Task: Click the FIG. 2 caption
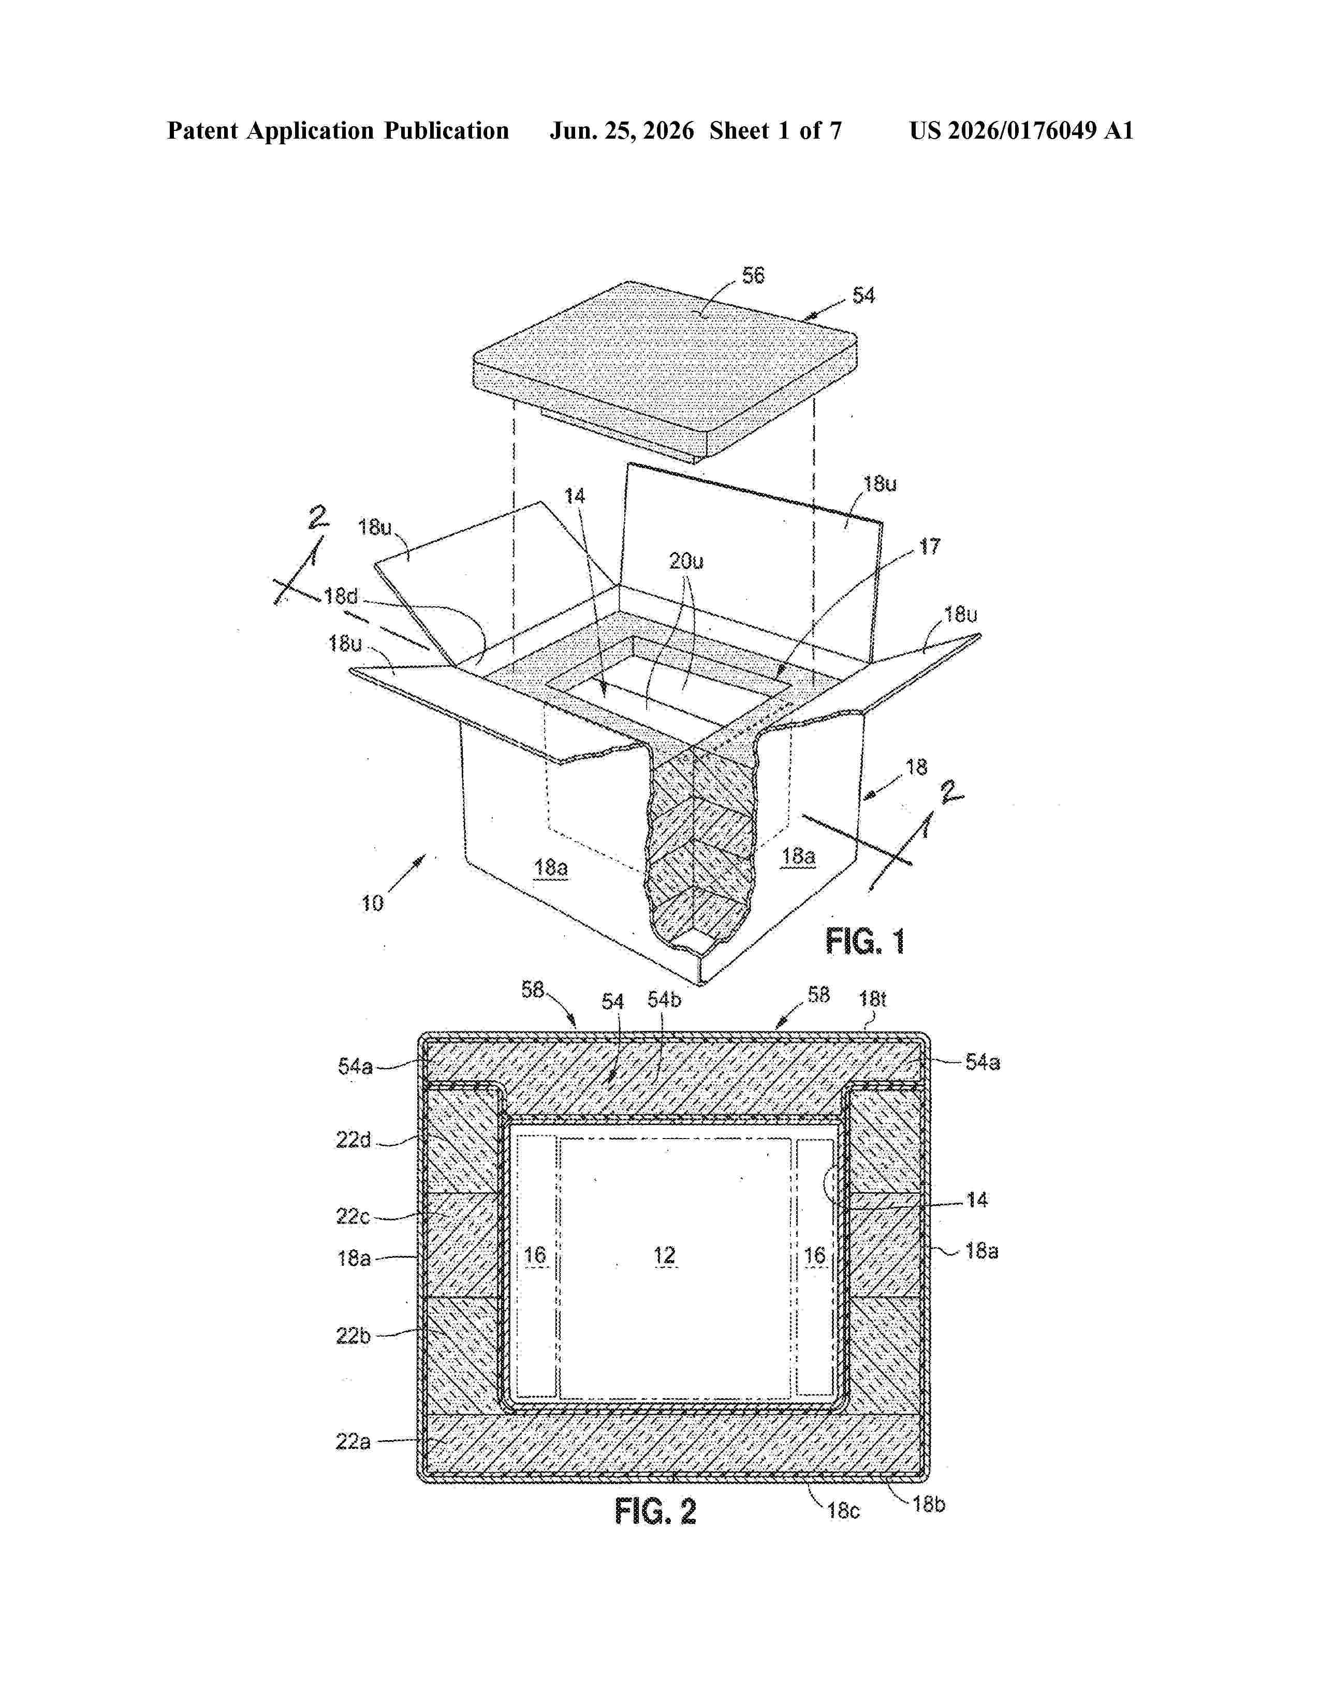[655, 1511]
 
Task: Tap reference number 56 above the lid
[753, 275]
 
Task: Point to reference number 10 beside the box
[372, 904]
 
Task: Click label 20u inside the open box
[686, 561]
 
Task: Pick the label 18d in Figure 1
[341, 596]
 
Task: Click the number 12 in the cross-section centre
[664, 1255]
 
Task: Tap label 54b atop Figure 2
[664, 1000]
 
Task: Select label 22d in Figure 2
[354, 1141]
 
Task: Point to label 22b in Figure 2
[354, 1336]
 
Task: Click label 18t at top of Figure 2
[873, 998]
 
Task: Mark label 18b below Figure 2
[929, 1504]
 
